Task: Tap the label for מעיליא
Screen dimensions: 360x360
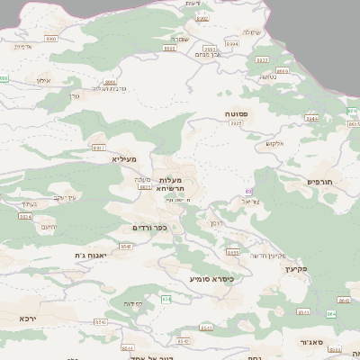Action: [124, 158]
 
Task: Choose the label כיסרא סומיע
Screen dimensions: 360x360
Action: [211, 279]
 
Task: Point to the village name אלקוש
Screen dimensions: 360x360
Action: [275, 142]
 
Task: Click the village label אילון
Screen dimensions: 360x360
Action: [42, 80]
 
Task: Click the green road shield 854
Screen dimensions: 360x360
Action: [166, 298]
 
